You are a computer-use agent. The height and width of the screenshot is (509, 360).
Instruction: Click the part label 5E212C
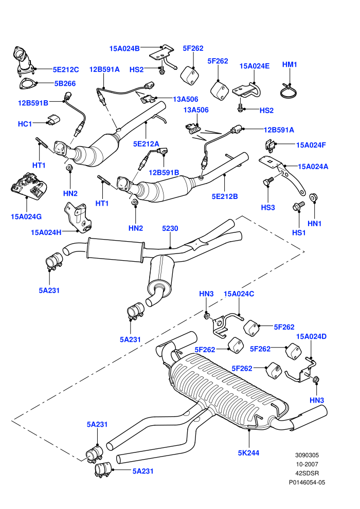(66, 69)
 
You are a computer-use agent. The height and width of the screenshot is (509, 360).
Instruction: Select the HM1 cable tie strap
(289, 91)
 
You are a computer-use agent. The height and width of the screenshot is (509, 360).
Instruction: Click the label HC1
(25, 124)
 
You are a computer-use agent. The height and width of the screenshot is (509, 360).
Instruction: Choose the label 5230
(170, 228)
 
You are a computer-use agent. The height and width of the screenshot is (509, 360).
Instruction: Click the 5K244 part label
(248, 453)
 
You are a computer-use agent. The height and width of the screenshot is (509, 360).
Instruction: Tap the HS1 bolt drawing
(299, 206)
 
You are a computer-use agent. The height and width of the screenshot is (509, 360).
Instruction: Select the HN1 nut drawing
(314, 197)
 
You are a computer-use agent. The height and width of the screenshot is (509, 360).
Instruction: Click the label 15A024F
(311, 145)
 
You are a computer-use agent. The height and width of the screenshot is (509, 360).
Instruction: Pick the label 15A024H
(46, 232)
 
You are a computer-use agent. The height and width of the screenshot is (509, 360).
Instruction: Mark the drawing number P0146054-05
(307, 482)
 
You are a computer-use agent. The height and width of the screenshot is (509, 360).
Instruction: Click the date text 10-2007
(307, 464)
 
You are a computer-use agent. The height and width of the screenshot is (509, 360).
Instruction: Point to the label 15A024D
(311, 336)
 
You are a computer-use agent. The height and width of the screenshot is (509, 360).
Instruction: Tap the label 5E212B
(225, 196)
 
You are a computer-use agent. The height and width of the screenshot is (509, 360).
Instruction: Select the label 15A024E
(255, 66)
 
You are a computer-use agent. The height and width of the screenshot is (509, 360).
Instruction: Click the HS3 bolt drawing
(268, 180)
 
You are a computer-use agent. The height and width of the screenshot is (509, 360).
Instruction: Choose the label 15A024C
(239, 294)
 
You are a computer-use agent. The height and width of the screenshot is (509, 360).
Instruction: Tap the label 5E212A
(146, 144)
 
